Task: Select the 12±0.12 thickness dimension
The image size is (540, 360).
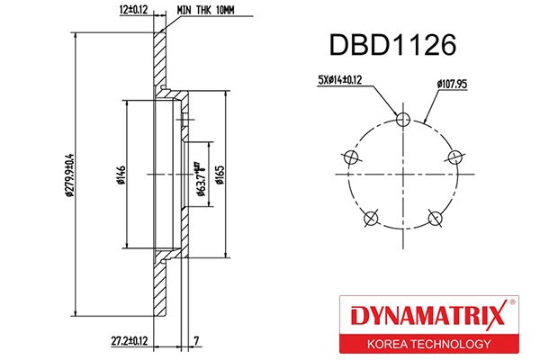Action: (131, 10)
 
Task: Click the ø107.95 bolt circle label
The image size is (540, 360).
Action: (454, 85)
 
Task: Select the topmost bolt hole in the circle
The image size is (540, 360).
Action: (403, 117)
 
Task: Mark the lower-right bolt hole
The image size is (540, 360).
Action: (436, 217)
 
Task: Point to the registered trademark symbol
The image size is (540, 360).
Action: (513, 303)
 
